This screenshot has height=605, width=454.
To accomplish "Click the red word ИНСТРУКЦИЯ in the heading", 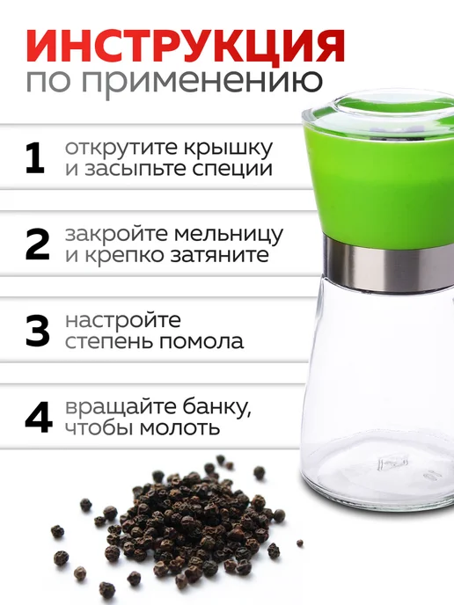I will [184, 44].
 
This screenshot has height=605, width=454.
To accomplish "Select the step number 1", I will [36, 159].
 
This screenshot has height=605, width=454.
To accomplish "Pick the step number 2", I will [37, 244].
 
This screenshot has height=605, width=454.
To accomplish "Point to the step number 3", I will [37, 331].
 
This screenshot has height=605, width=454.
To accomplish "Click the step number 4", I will [38, 419].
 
